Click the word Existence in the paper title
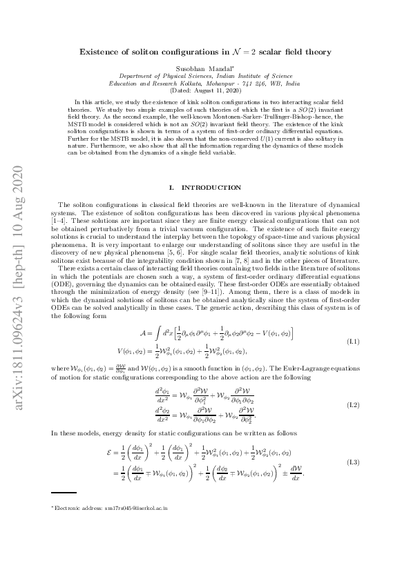point(102,52)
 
